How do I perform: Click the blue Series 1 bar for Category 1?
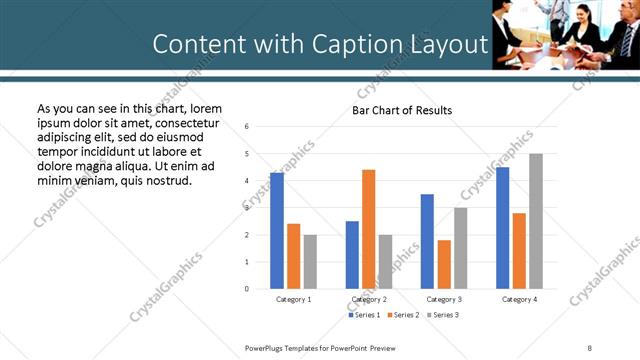point(277,231)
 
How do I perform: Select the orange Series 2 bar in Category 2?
point(369,229)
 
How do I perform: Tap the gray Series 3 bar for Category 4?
point(536,221)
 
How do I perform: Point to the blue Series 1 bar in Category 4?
point(502,228)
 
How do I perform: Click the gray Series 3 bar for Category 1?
point(310,262)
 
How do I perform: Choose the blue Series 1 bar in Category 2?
point(352,255)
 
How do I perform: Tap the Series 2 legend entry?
point(402,315)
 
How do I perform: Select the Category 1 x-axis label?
point(294,299)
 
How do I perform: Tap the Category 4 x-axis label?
point(519,299)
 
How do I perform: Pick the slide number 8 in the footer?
point(588,347)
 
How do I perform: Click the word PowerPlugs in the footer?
point(267,347)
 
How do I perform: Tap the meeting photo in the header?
point(565,34)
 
